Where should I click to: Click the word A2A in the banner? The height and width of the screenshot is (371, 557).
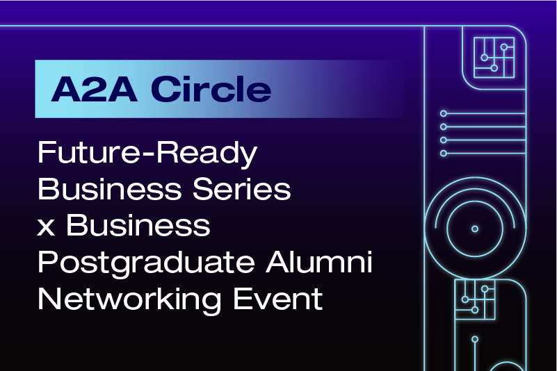[x=94, y=89]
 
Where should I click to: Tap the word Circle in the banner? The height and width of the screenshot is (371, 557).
[x=211, y=88]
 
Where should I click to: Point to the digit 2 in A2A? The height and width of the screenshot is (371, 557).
[x=94, y=89]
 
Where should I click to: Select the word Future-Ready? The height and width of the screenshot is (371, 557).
[x=147, y=154]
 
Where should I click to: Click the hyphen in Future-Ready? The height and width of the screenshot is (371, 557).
[x=147, y=154]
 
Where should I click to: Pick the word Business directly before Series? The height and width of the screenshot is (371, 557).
[x=110, y=188]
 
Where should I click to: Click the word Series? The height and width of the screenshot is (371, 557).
[x=241, y=188]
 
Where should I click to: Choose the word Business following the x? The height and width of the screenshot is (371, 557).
[x=138, y=225]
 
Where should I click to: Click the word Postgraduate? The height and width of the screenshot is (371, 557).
[x=146, y=263]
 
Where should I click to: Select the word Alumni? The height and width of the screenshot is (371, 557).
[x=319, y=262]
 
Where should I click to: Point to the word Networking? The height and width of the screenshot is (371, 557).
[x=129, y=300]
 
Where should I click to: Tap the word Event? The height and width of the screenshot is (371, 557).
[x=277, y=299]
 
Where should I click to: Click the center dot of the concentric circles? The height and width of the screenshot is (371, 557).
[x=474, y=229]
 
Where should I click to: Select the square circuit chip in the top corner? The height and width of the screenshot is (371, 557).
[x=494, y=57]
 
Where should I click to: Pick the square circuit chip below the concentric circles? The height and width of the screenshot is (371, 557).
[x=475, y=299]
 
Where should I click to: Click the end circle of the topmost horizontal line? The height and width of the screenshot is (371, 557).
[x=444, y=114]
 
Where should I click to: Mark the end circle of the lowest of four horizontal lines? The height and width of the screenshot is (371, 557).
[x=444, y=154]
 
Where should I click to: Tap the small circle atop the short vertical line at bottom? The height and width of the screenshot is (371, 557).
[x=474, y=340]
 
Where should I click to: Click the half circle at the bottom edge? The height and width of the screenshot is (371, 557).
[x=507, y=363]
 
